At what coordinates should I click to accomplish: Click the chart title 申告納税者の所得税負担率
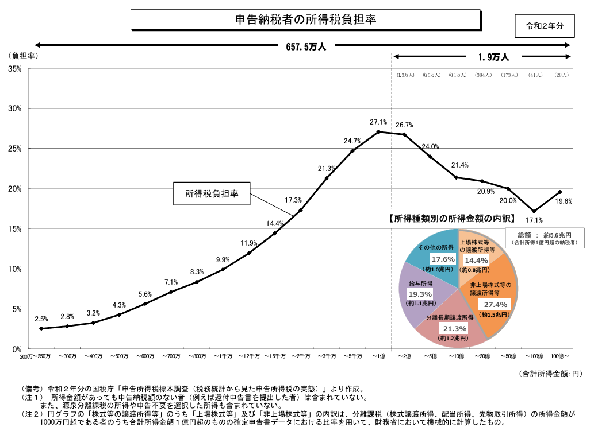point(306,20)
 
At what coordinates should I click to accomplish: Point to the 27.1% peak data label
point(378,122)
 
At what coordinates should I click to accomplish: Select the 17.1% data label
point(534,220)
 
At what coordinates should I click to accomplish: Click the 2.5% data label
point(41,319)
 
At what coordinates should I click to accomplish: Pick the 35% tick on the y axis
point(15,69)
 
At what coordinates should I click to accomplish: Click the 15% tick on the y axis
point(15,229)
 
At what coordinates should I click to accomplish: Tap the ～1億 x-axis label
point(378,356)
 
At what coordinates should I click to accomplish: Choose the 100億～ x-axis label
point(559,356)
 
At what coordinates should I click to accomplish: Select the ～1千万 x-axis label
point(223,356)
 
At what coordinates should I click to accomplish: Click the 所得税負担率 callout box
point(212,194)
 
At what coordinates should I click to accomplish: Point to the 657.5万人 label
point(306,47)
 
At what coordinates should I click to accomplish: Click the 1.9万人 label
point(493,57)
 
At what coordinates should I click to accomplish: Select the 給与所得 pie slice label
point(420,284)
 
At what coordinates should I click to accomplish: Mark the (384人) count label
point(482,75)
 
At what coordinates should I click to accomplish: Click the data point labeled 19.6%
point(559,192)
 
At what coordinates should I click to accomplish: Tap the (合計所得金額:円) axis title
point(550,374)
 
